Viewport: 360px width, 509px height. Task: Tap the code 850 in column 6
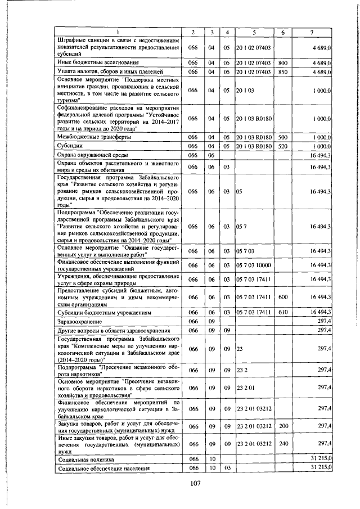(x=283, y=72)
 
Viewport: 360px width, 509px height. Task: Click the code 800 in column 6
(x=283, y=62)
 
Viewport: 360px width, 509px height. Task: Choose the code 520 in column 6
(x=283, y=146)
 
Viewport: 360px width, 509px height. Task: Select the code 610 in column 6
(x=283, y=312)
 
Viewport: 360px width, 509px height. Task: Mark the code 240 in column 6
(x=283, y=443)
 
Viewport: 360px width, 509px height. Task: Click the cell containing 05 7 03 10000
(x=254, y=265)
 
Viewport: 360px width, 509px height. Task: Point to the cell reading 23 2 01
(x=246, y=388)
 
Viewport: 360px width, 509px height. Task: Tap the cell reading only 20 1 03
(x=245, y=89)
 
